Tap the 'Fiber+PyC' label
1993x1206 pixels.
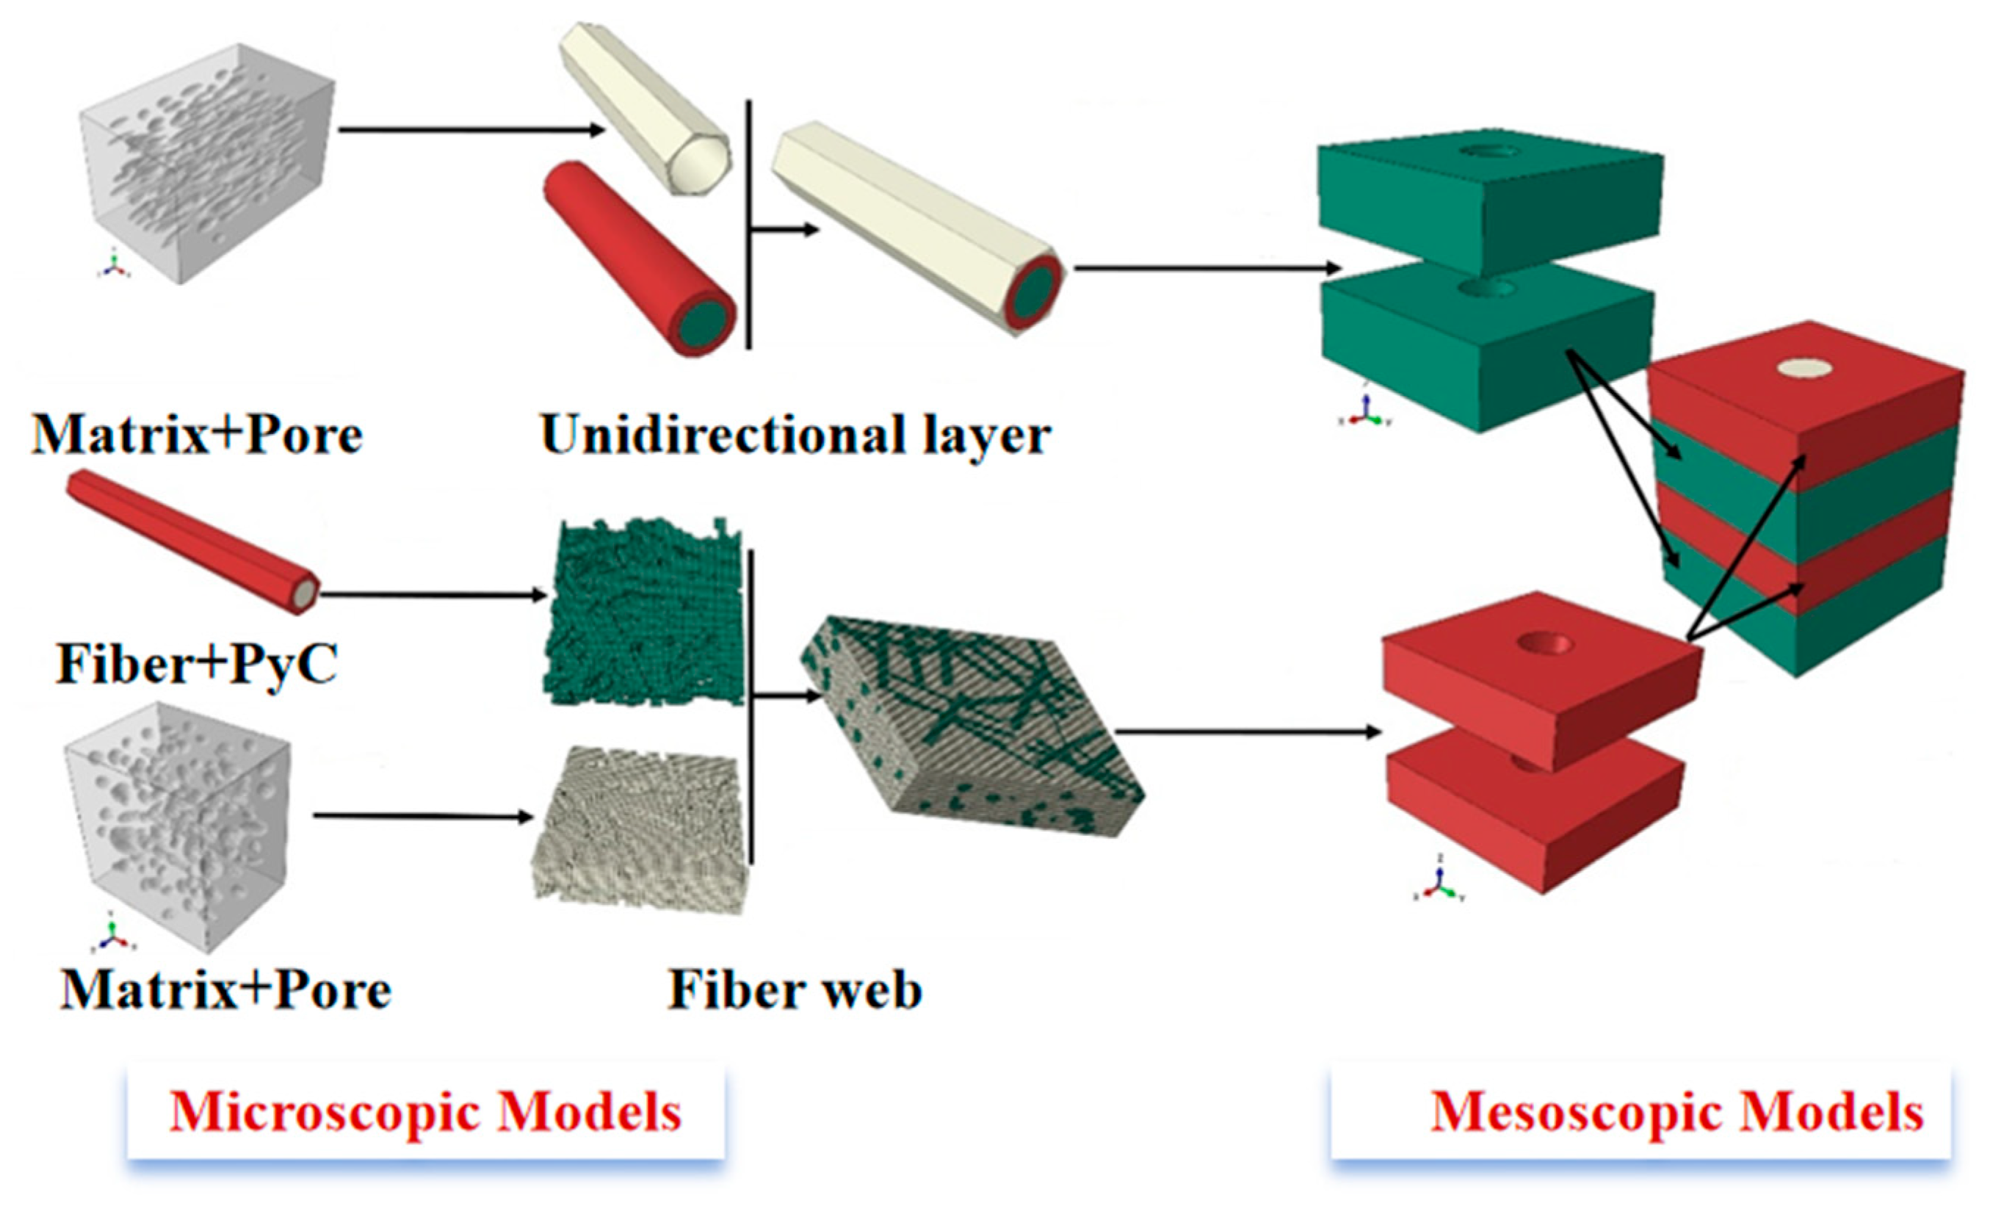[197, 665]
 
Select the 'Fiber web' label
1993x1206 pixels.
[795, 990]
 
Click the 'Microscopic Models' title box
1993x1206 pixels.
[425, 1113]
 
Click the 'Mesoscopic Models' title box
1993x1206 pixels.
[1642, 1113]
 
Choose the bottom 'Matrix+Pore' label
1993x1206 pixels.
[225, 990]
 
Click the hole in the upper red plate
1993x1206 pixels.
[1545, 645]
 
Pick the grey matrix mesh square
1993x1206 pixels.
[639, 829]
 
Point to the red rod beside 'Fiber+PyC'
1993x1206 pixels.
[192, 540]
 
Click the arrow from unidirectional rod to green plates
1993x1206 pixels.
[1205, 268]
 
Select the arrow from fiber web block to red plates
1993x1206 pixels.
[1245, 732]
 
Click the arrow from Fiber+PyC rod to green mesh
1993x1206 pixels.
[433, 596]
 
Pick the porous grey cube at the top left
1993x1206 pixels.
[206, 162]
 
